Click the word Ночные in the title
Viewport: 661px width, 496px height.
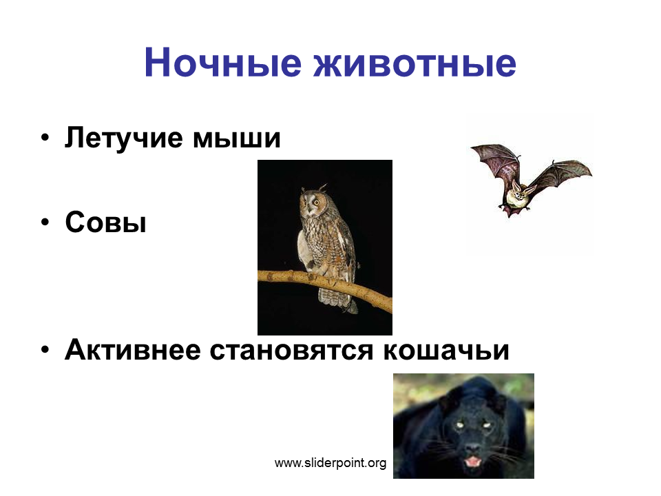pyautogui.click(x=223, y=63)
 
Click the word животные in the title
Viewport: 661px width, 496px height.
pyautogui.click(x=415, y=63)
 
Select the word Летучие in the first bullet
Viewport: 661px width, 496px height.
pyautogui.click(x=124, y=137)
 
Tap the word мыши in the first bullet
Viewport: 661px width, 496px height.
pyautogui.click(x=236, y=138)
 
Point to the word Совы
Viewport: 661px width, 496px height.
pyautogui.click(x=106, y=222)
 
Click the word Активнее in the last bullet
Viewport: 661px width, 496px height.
pyautogui.click(x=132, y=349)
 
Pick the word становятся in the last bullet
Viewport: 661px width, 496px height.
pyautogui.click(x=292, y=351)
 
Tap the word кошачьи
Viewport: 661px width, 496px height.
pyautogui.click(x=446, y=351)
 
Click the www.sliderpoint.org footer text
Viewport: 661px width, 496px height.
pyautogui.click(x=330, y=463)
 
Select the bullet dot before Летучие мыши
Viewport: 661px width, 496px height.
pyautogui.click(x=45, y=138)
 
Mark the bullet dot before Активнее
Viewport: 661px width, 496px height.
pyautogui.click(x=45, y=350)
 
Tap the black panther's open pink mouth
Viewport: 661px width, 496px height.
pyautogui.click(x=473, y=462)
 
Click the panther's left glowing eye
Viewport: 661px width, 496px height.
pyautogui.click(x=459, y=425)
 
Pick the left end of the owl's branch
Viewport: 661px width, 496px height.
pyautogui.click(x=259, y=276)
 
